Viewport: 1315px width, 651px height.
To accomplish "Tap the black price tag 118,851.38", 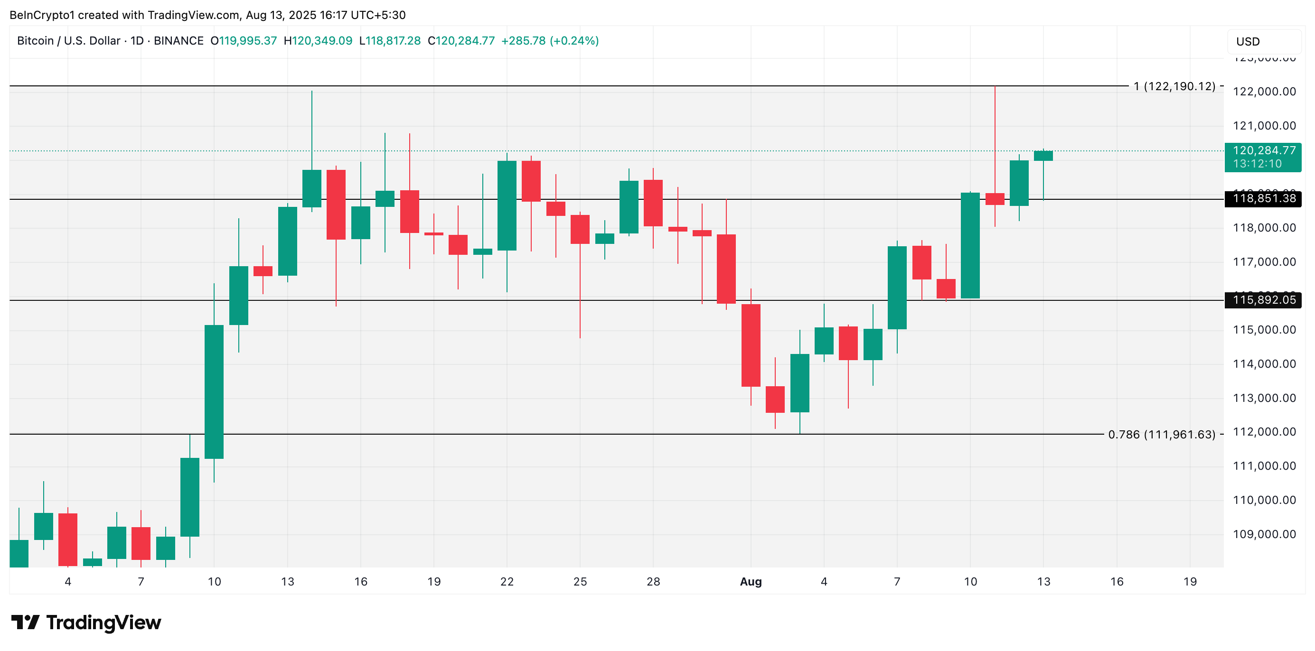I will click(1263, 198).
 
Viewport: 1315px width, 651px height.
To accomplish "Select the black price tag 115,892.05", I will click(1263, 300).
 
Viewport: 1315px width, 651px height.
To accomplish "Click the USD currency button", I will click(1263, 42).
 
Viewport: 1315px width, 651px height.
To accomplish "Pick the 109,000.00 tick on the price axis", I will click(1264, 534).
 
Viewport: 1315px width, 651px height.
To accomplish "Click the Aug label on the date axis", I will click(751, 582).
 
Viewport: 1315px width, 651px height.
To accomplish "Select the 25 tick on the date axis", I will click(580, 582).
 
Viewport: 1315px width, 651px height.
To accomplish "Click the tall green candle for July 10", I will click(214, 391).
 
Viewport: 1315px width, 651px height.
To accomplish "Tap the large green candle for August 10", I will click(970, 245).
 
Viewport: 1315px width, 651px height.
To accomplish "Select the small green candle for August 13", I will click(1043, 156).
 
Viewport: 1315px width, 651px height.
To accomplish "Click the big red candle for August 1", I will click(751, 345).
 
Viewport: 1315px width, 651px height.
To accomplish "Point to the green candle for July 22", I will click(507, 205).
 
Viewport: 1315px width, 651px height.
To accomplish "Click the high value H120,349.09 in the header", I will click(318, 41).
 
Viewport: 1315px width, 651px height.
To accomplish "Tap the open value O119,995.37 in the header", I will click(244, 41).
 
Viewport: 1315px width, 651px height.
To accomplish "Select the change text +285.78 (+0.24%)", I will click(549, 41).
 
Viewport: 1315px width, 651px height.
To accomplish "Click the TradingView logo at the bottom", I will click(86, 623).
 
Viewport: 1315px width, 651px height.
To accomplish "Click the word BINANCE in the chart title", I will click(178, 41).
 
